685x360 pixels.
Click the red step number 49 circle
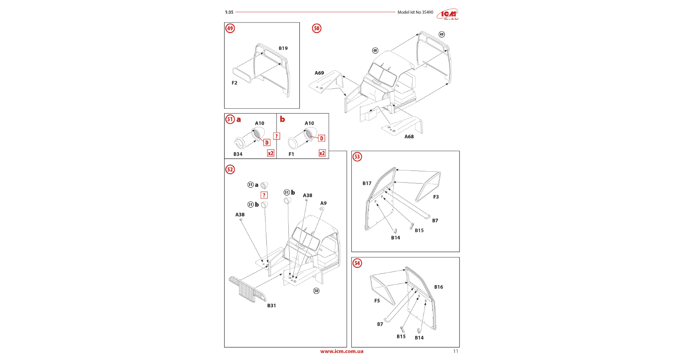[x=230, y=28]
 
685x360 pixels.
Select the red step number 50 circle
[x=317, y=28]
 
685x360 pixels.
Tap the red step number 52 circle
[x=230, y=170]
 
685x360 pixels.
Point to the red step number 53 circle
[x=357, y=157]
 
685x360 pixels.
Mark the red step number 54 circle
[x=357, y=263]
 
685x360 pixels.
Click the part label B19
[x=283, y=48]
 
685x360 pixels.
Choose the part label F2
[x=234, y=83]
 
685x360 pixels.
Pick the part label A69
[x=319, y=73]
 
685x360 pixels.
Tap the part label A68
[x=409, y=137]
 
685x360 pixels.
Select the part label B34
[x=238, y=154]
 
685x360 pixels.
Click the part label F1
[x=291, y=154]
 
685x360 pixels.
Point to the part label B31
[x=271, y=305]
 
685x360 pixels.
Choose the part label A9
[x=323, y=203]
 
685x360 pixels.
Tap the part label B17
[x=367, y=184]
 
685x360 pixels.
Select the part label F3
[x=436, y=197]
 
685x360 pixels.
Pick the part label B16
[x=438, y=287]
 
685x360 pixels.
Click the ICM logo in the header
[x=447, y=14]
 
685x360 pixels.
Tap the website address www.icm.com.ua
[x=342, y=351]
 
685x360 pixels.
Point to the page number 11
[x=455, y=351]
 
